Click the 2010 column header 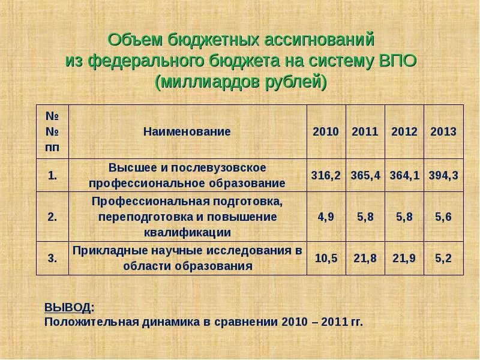[326, 132]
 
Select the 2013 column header [443, 132]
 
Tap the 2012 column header [404, 132]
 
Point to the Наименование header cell [187, 132]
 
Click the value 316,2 [326, 175]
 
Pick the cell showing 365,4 [365, 175]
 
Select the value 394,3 [443, 175]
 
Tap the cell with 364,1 [404, 175]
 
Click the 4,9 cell [326, 217]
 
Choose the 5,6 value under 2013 [443, 217]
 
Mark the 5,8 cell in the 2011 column [365, 217]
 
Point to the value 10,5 [326, 259]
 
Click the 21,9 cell [404, 259]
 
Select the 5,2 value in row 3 [443, 259]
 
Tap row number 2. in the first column [52, 217]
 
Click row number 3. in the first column [52, 259]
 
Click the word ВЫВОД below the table [68, 308]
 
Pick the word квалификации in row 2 [187, 232]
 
